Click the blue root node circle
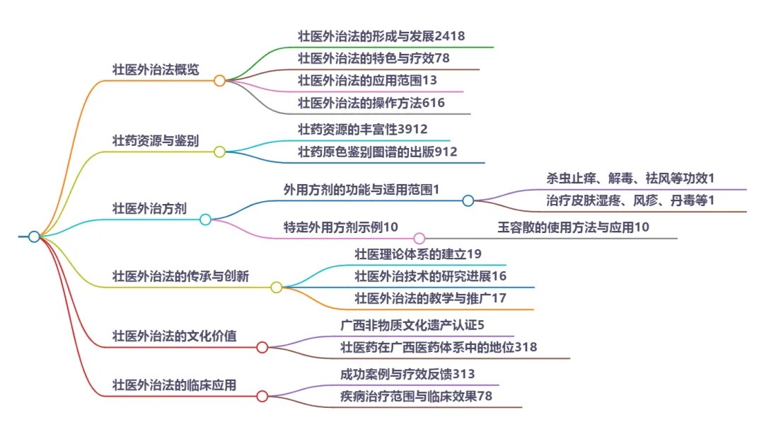tap(34, 237)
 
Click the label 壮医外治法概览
tap(156, 70)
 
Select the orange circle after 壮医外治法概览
tap(219, 81)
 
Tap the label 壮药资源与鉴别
tap(156, 140)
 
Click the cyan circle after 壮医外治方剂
tap(205, 220)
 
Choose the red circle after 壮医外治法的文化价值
tap(262, 347)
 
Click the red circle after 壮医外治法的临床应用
tap(262, 396)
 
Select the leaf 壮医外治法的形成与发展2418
tap(381, 36)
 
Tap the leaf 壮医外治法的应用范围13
tap(368, 80)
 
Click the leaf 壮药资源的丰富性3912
tap(363, 130)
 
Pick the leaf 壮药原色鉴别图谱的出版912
tap(378, 152)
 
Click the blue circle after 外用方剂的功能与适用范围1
tap(468, 200)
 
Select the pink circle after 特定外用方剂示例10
tap(419, 238)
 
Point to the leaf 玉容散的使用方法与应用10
tap(574, 227)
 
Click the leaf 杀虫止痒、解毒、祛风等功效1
tap(630, 178)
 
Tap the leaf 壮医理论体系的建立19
tap(418, 254)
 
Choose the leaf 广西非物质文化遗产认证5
tap(412, 326)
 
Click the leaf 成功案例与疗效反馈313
tap(407, 375)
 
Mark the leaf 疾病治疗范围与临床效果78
tap(416, 397)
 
